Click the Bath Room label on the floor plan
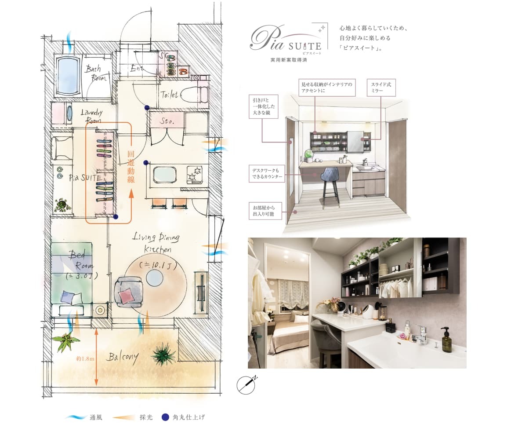96,73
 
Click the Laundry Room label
92,116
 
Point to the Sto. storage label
167,121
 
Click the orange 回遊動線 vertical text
131,166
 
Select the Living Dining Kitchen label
156,243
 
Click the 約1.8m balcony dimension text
85,359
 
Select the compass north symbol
246,385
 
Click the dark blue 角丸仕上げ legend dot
166,417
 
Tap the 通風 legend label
96,417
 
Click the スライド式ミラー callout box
381,88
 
